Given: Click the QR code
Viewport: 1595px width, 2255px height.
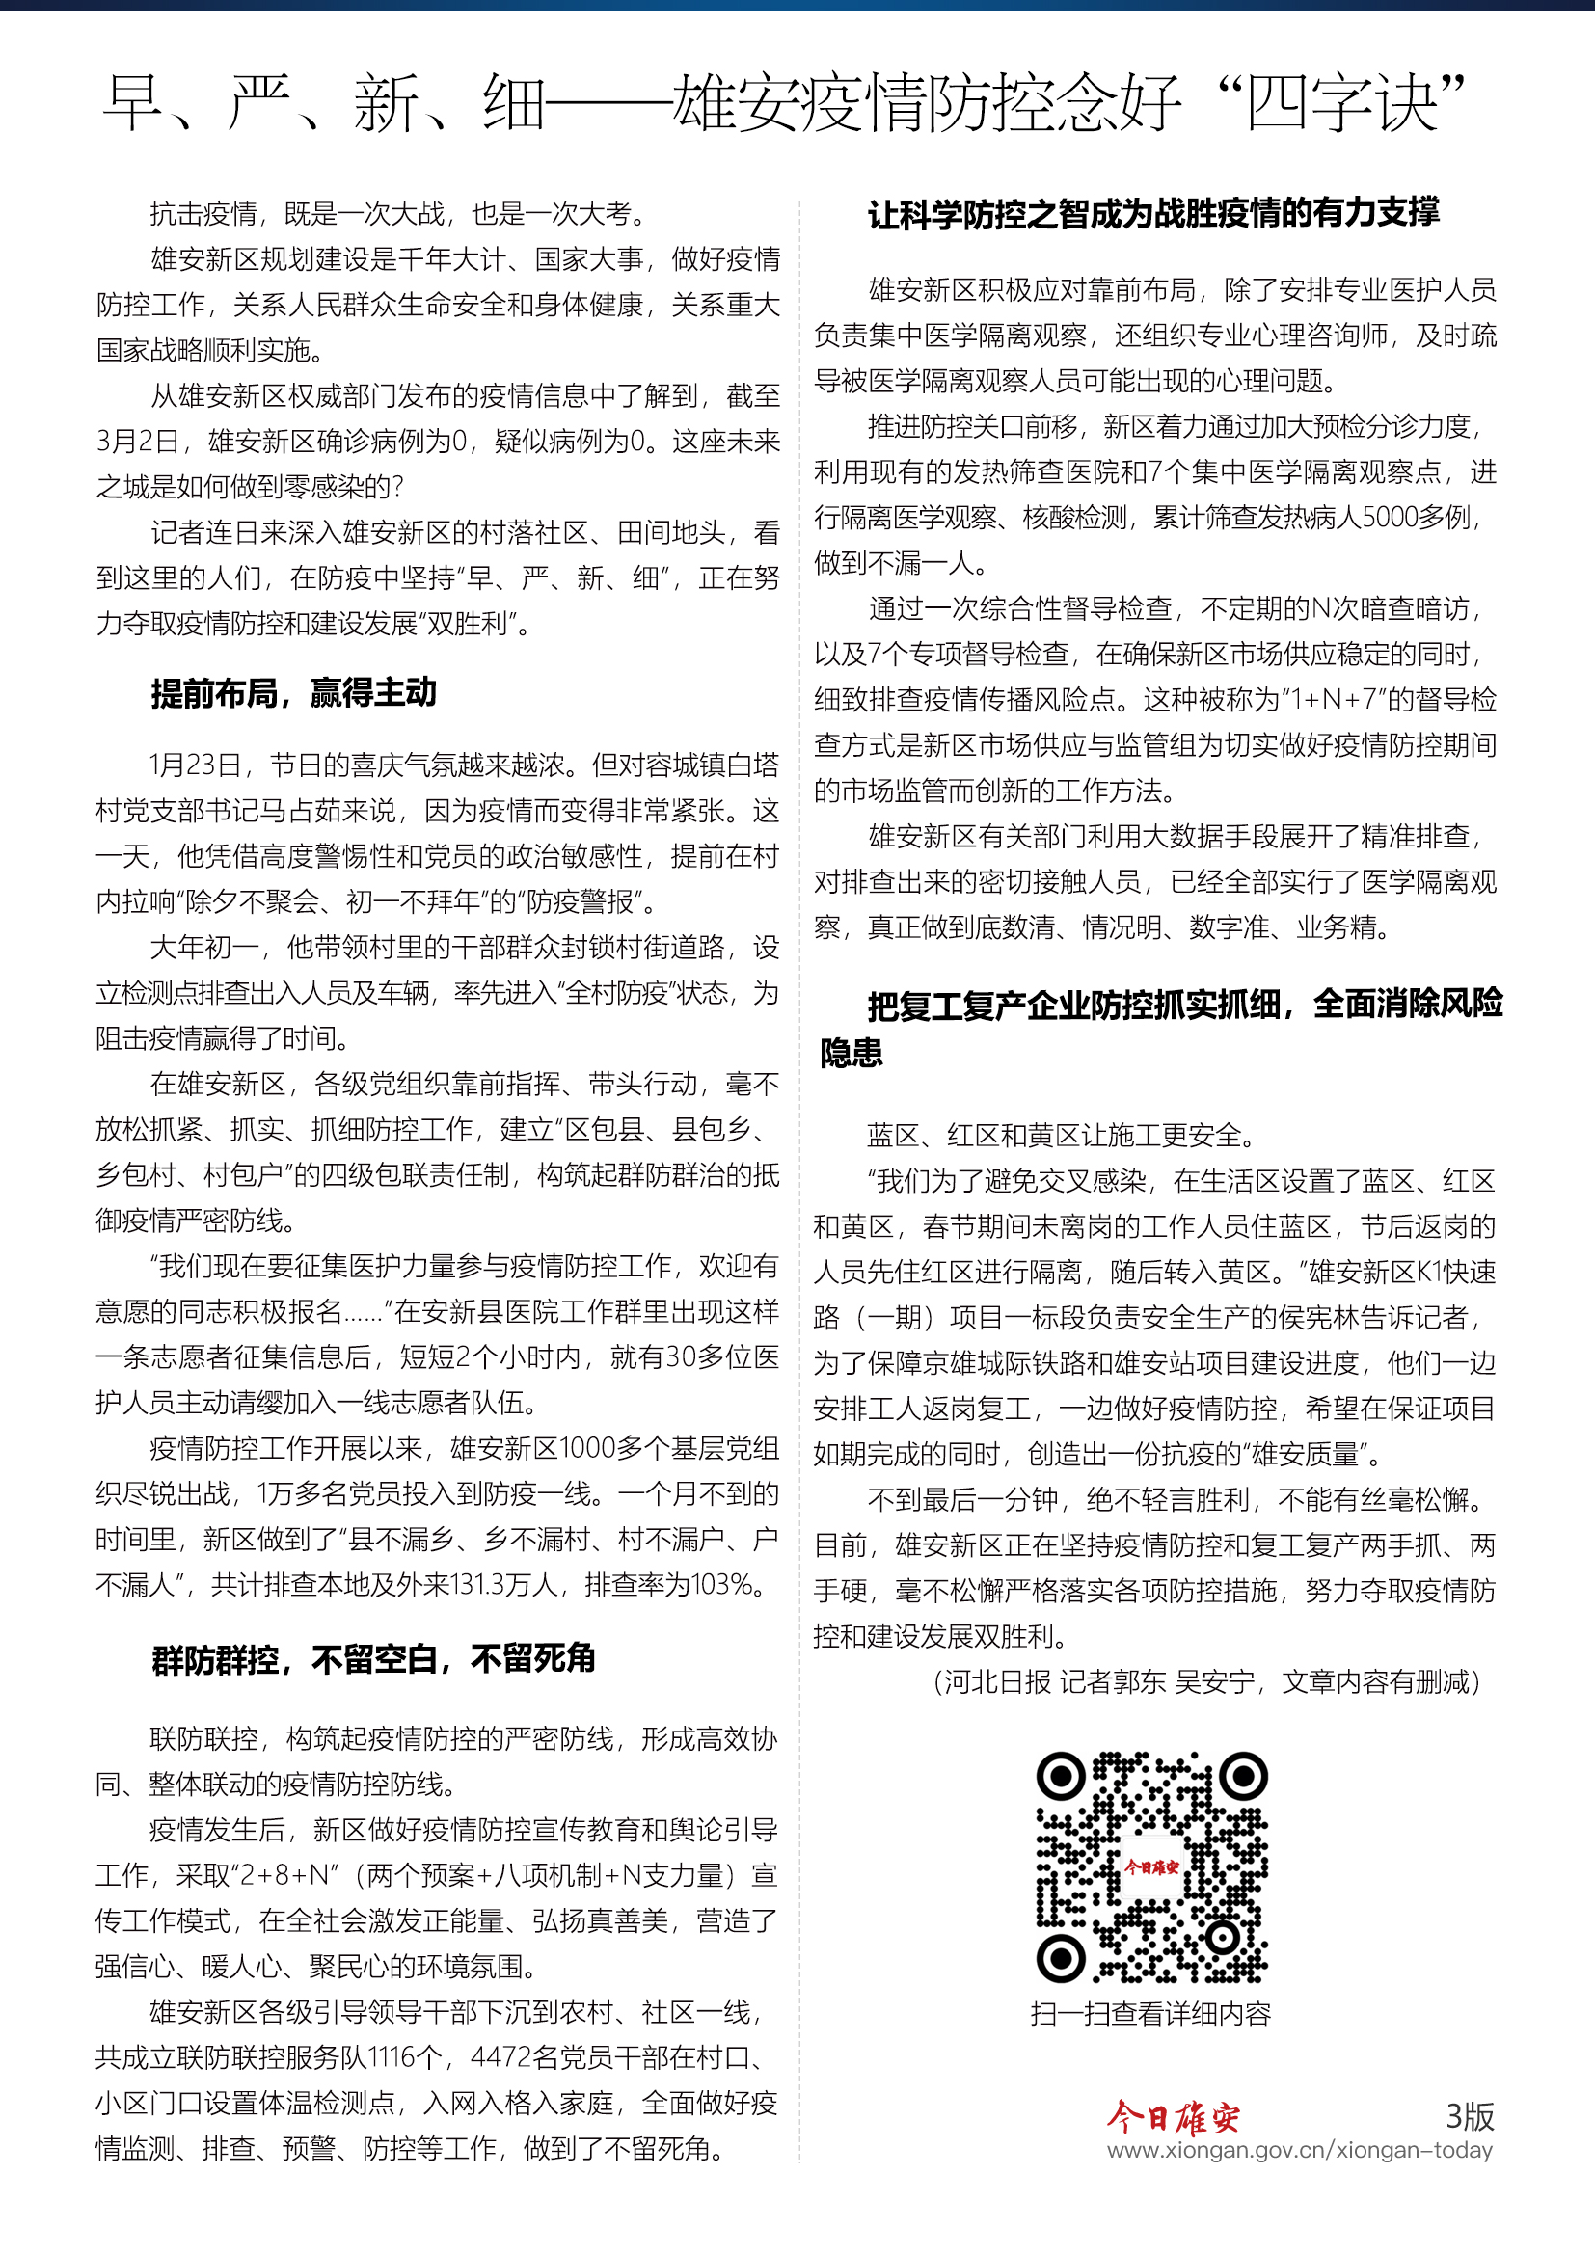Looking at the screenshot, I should [x=1151, y=1867].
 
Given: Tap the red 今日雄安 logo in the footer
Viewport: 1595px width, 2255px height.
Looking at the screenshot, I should [x=1173, y=2117].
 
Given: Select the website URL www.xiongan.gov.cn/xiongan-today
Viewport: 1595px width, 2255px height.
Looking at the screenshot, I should [x=1299, y=2150].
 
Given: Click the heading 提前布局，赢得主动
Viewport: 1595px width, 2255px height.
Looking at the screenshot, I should [x=293, y=693].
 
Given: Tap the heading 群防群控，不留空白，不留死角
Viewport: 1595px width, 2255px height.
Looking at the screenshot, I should [x=373, y=1659].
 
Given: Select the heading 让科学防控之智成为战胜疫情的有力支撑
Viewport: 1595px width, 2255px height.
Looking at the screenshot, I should [x=1153, y=213].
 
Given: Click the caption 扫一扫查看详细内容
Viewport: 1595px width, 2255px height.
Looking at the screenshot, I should [x=1150, y=2014].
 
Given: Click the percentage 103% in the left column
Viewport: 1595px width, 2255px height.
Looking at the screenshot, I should [x=723, y=1585].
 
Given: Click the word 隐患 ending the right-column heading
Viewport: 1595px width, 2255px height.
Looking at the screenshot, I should [x=851, y=1054].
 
